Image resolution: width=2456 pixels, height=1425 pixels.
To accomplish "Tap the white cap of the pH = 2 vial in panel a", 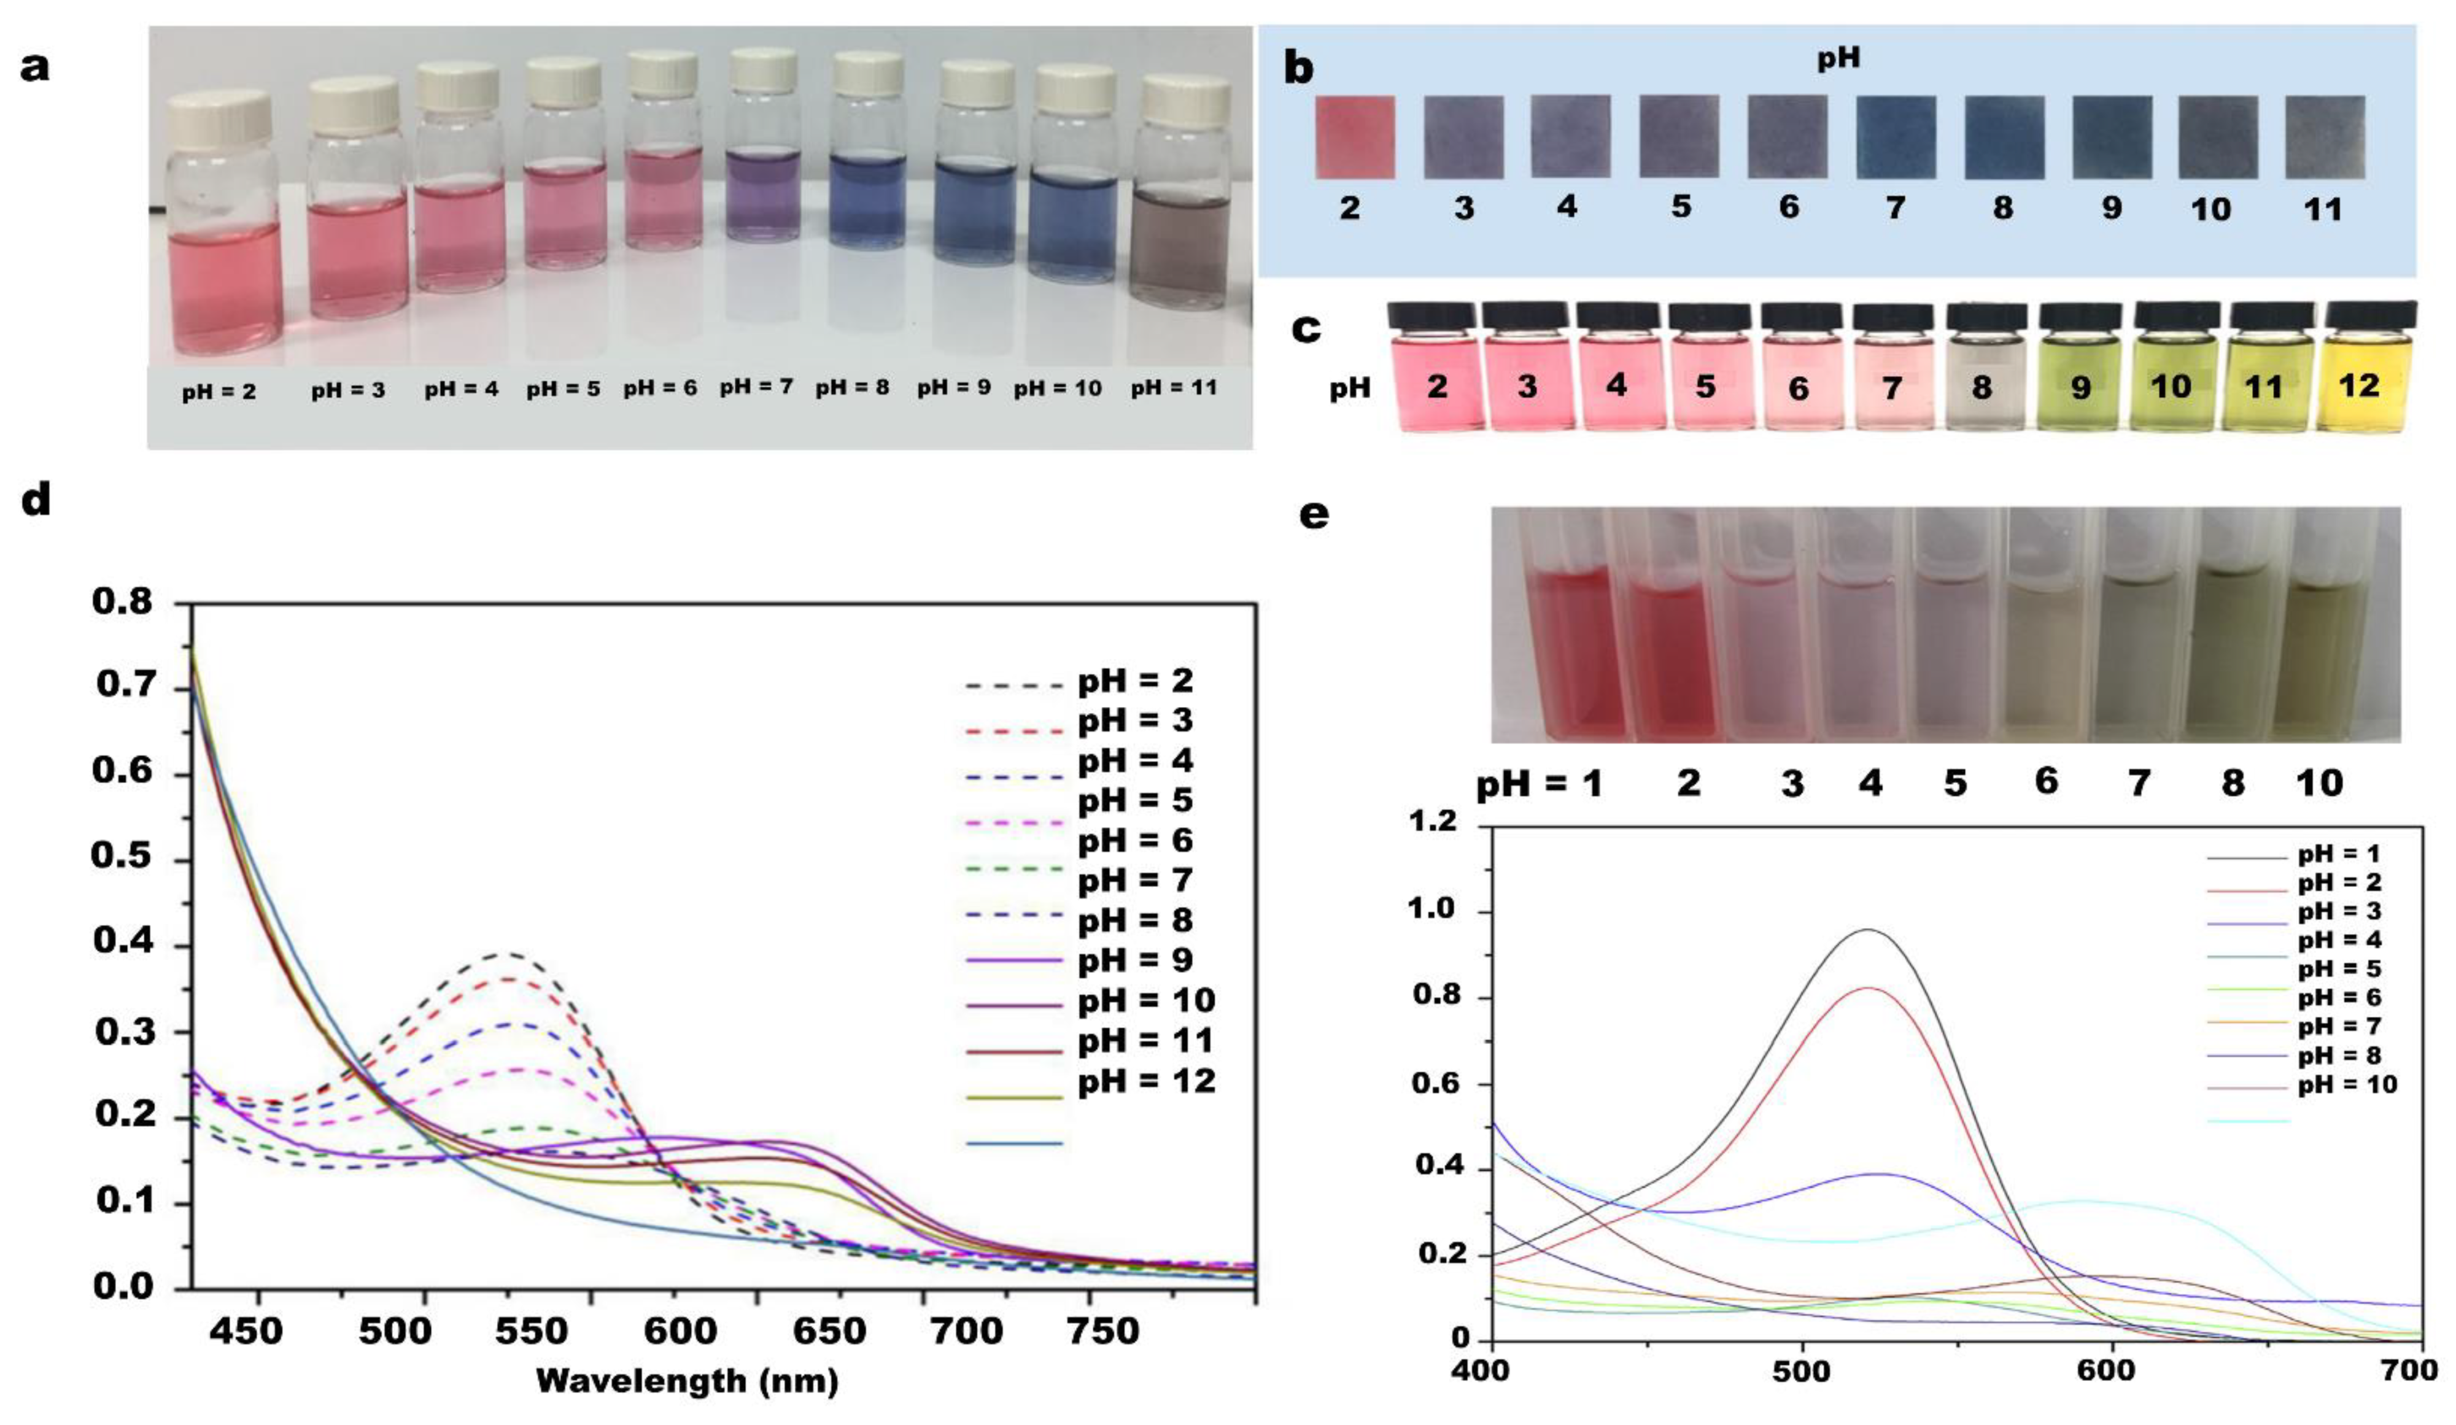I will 219,117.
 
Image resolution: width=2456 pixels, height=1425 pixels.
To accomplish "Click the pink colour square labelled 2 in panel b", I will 1355,136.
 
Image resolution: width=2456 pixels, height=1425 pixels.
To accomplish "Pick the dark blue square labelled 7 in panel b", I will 1896,136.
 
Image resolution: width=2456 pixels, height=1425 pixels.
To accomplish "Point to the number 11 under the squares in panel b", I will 2322,209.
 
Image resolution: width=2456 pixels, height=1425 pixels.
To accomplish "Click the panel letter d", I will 36,500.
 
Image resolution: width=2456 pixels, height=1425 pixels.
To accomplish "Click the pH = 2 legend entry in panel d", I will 1136,681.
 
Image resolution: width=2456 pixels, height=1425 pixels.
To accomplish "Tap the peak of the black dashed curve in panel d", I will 507,954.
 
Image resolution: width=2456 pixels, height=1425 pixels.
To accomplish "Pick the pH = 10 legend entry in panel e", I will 2347,1085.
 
